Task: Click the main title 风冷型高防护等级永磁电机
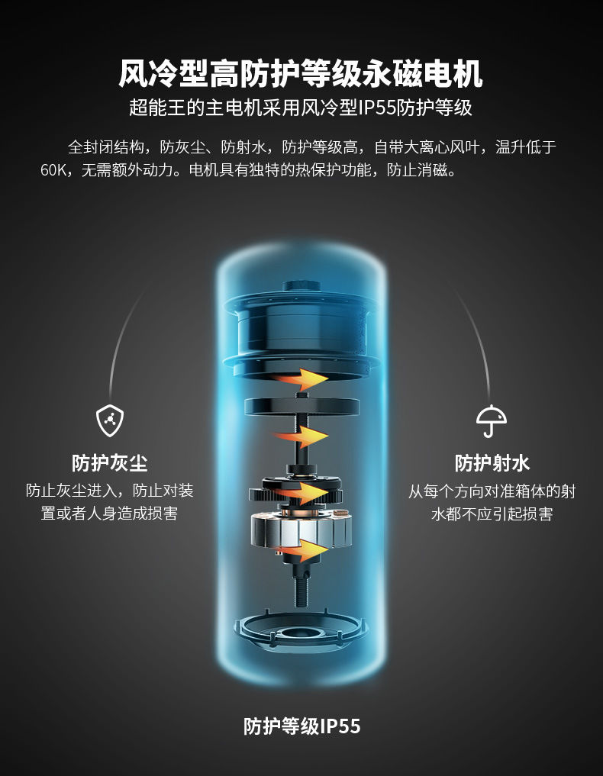point(301,75)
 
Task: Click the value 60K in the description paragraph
point(56,169)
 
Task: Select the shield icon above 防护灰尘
point(110,419)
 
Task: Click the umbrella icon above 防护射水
point(492,419)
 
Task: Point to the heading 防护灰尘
point(110,462)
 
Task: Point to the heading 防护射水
point(492,462)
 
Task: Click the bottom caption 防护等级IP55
point(301,726)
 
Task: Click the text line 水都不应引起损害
point(492,514)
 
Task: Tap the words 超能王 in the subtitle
point(152,108)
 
